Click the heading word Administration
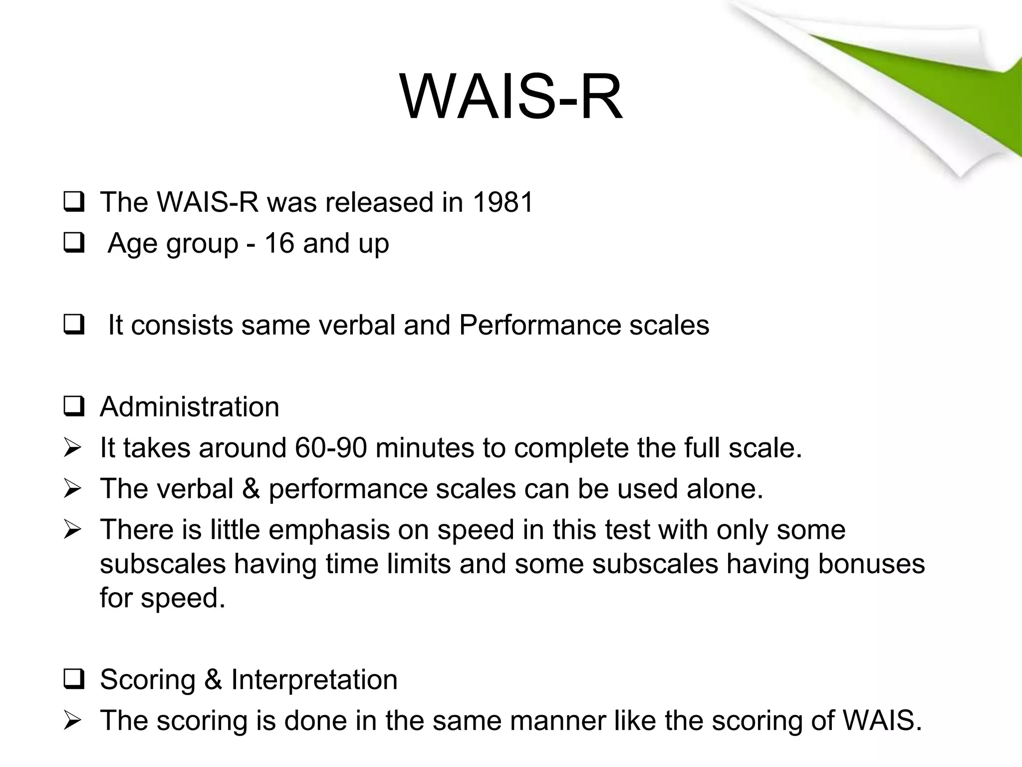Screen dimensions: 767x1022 (x=189, y=406)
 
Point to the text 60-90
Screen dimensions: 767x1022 (x=330, y=447)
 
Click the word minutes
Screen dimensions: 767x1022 (x=424, y=447)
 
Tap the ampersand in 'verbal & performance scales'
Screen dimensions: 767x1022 (x=251, y=488)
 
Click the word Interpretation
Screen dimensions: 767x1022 (x=314, y=680)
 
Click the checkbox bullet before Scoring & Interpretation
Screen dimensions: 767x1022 (x=73, y=680)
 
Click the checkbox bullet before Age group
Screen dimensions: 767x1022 (x=73, y=244)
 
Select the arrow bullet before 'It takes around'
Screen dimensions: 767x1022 (x=73, y=448)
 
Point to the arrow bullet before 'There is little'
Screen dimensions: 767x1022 (x=73, y=530)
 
